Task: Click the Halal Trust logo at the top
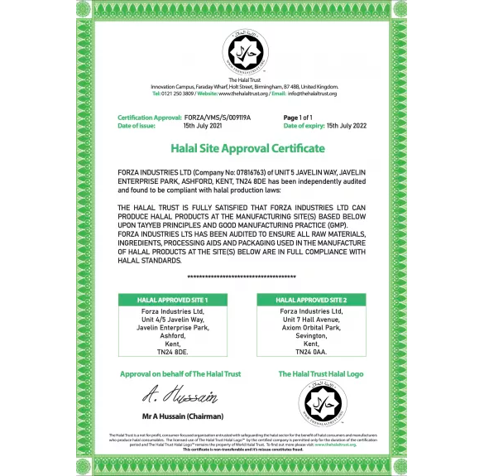click(x=242, y=51)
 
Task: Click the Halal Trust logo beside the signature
click(x=323, y=403)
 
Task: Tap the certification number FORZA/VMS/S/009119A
click(x=217, y=118)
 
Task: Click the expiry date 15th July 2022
click(x=345, y=126)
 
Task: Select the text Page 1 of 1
click(x=298, y=118)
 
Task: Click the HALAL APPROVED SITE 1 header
click(x=172, y=299)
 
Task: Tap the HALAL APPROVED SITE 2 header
click(x=311, y=299)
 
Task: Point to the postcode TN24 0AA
click(x=311, y=351)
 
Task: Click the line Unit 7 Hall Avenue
click(x=311, y=319)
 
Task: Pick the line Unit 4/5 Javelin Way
click(x=172, y=319)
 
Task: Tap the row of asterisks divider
click(x=242, y=276)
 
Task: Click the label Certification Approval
click(x=149, y=118)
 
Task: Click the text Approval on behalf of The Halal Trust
click(x=180, y=374)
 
